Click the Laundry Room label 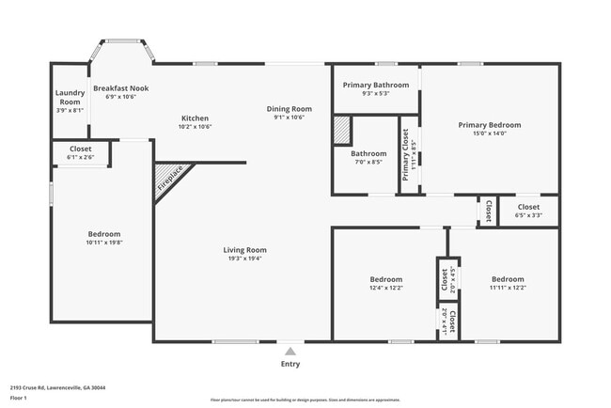click(70, 97)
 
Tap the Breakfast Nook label click(120, 88)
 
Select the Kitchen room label click(195, 118)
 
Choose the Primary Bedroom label click(489, 124)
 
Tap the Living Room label click(244, 250)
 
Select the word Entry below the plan click(290, 364)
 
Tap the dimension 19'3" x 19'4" click(244, 259)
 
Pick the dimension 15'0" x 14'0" click(489, 133)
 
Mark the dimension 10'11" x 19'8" click(103, 243)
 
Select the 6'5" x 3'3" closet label click(528, 214)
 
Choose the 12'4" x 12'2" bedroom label click(385, 288)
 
